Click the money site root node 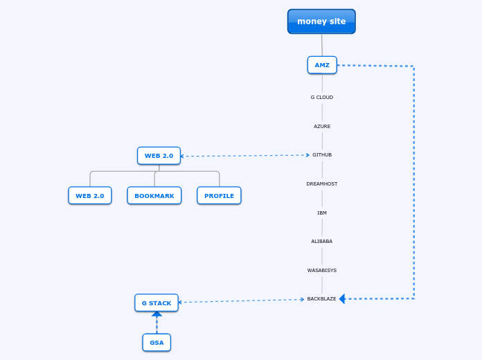click(321, 21)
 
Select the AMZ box click(322, 65)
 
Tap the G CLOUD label click(322, 98)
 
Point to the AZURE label click(322, 127)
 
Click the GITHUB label click(322, 155)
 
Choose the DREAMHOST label click(322, 184)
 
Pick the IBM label click(322, 213)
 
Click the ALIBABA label click(322, 242)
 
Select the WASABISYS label click(322, 271)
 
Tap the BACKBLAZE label click(322, 299)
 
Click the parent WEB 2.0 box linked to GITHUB click(159, 156)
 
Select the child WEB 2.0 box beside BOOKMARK click(90, 196)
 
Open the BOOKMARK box click(154, 196)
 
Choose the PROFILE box click(219, 196)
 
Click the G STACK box click(157, 303)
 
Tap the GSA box click(157, 343)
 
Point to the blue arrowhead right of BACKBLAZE click(342, 299)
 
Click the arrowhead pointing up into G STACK click(157, 314)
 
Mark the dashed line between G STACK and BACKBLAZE click(242, 300)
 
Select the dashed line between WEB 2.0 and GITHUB click(242, 156)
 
